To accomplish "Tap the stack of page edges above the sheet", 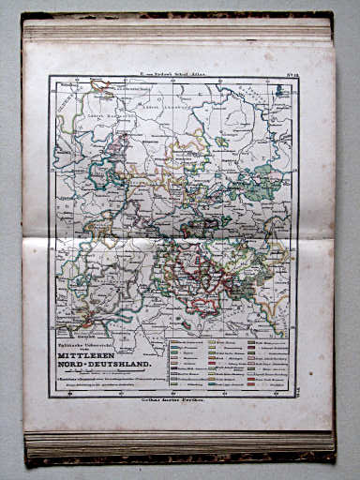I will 178,28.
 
